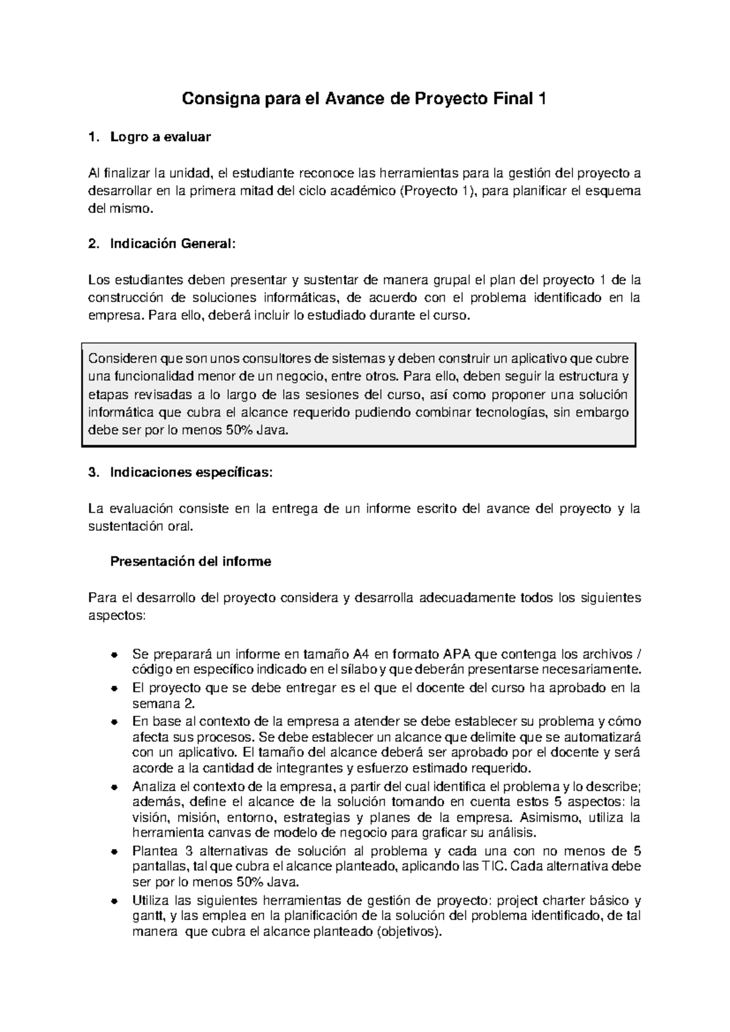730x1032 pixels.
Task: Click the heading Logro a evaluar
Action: coord(160,137)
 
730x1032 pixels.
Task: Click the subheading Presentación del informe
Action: coord(190,562)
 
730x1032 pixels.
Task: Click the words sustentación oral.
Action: coord(141,526)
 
